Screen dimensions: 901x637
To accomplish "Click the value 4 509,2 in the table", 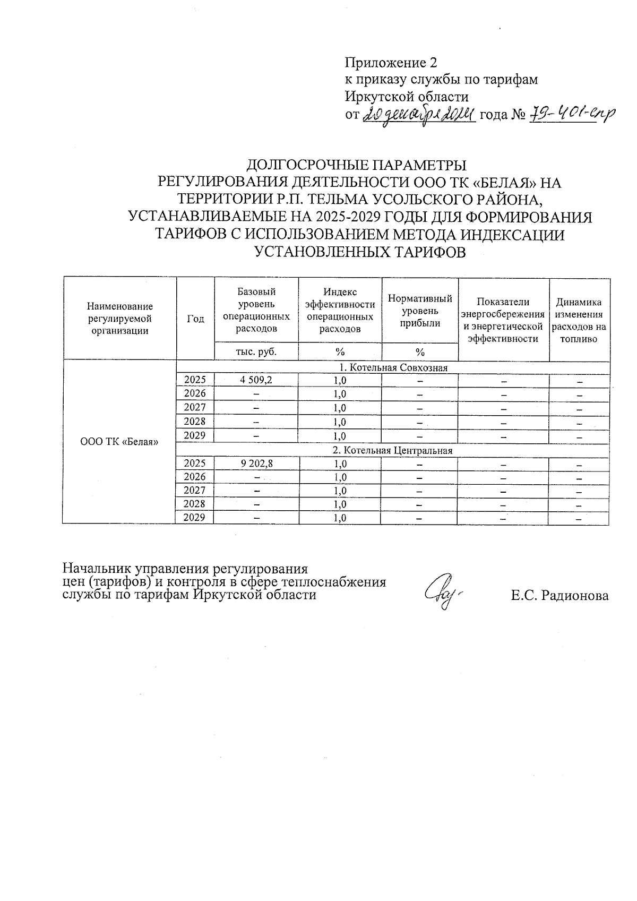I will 256,380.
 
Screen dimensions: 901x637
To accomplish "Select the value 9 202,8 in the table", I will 256,463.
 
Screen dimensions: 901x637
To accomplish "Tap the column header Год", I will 195,319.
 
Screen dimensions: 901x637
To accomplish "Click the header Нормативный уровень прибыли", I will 420,311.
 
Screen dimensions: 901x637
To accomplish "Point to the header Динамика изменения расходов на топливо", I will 579,321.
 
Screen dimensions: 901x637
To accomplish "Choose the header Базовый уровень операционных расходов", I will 256,310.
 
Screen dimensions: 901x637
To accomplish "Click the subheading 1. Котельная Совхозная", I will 393,367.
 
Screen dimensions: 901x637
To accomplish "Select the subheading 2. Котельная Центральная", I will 393,450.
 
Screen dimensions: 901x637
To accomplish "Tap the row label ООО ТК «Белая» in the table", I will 119,442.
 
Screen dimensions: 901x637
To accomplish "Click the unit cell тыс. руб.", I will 256,351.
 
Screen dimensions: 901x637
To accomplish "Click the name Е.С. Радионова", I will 559,596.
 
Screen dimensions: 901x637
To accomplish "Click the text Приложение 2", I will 391,63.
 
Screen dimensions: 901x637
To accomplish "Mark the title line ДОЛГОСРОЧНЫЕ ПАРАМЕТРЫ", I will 359,165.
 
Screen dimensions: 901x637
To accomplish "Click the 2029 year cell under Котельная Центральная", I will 194,518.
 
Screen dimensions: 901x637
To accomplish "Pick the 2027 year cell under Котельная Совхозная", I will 194,407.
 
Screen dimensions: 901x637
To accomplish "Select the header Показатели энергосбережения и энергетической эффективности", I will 503,320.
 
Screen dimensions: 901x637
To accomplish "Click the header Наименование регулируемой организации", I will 120,319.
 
